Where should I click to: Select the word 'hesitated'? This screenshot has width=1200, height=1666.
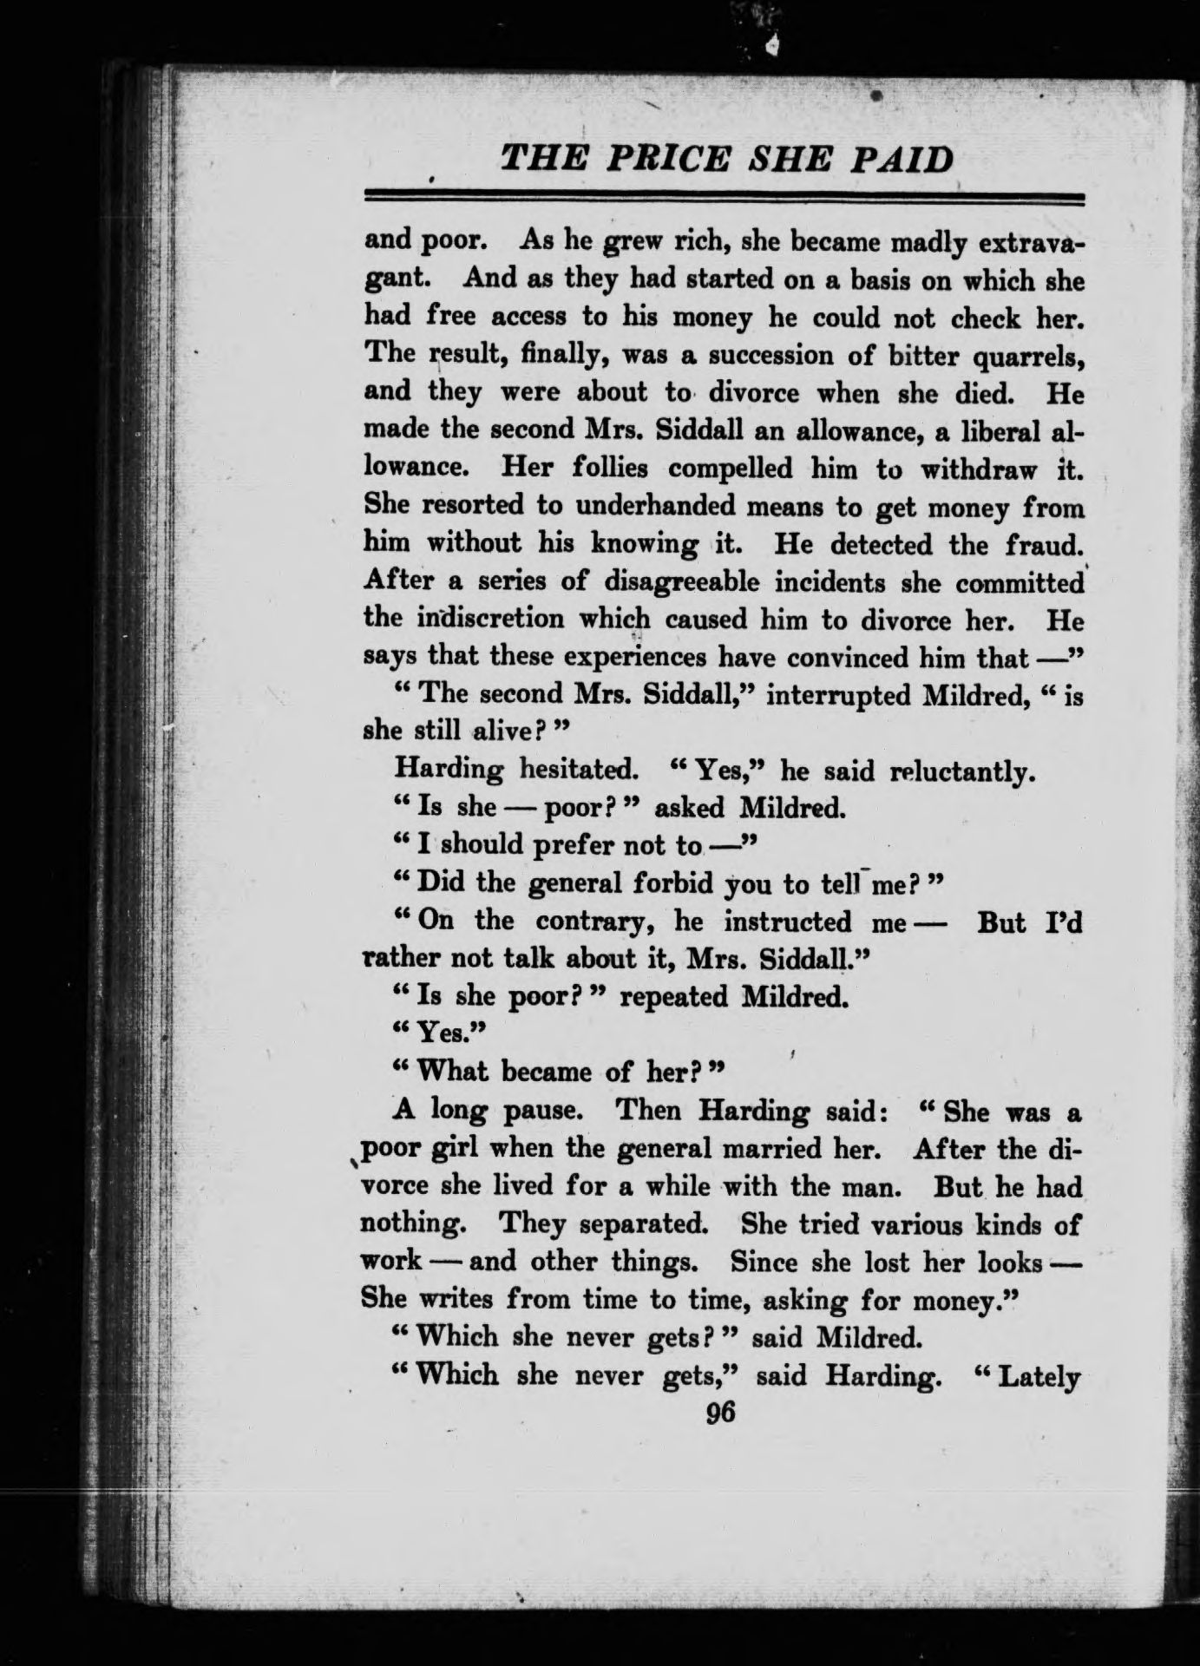(587, 771)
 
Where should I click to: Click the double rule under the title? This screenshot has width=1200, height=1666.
(724, 199)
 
